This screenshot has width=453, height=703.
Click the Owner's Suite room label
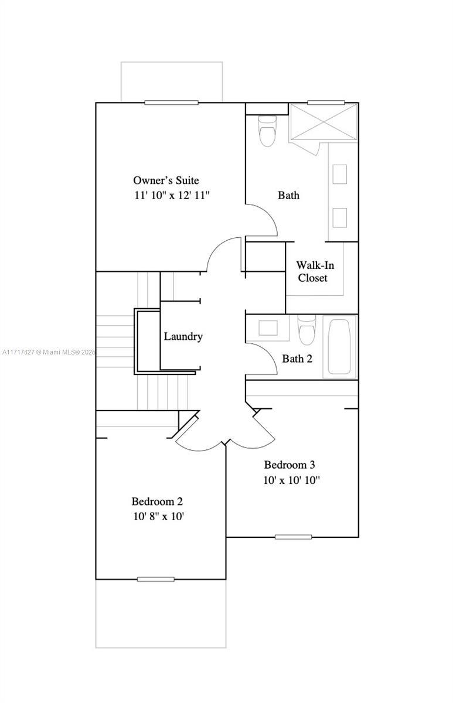click(166, 180)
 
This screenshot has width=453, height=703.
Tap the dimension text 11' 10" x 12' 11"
click(172, 195)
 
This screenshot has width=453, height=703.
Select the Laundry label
click(183, 336)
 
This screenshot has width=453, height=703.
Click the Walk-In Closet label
click(315, 271)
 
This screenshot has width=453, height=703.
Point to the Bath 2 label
click(297, 359)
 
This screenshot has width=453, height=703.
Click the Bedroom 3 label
click(289, 465)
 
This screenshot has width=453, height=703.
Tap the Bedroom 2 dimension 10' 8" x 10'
click(159, 516)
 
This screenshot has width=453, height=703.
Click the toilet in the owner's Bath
click(267, 131)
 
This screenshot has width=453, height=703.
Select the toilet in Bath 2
click(306, 329)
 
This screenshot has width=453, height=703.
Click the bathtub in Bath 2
click(339, 347)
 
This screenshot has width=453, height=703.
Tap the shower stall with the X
click(324, 122)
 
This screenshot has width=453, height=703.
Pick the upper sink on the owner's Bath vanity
click(339, 174)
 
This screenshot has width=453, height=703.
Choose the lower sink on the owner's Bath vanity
click(339, 217)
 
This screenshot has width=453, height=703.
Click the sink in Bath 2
click(268, 327)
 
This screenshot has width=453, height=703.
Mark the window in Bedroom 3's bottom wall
click(293, 537)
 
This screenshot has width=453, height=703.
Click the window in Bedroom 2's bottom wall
click(156, 579)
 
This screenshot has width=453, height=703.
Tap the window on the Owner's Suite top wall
click(171, 103)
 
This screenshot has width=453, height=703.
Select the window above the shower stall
click(326, 103)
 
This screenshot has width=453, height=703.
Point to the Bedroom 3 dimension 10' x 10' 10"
click(291, 480)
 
